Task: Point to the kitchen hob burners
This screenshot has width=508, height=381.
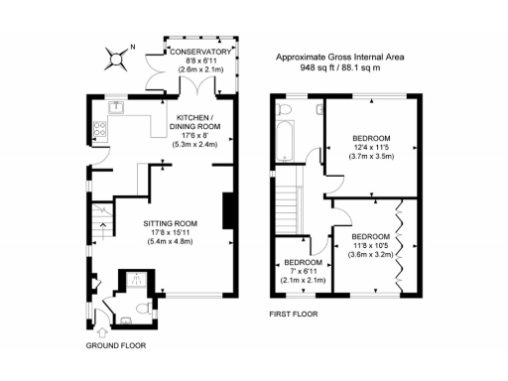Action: pos(99,127)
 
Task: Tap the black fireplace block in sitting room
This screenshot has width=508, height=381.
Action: pos(227,211)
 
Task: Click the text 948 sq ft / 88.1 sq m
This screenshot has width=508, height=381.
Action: pos(339,69)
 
